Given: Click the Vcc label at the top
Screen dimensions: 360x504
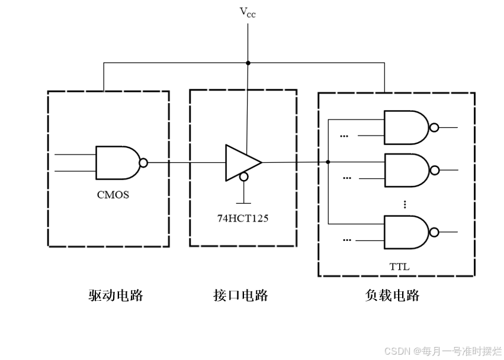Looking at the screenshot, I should (248, 12).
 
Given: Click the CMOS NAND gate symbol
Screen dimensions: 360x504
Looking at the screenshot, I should (117, 162).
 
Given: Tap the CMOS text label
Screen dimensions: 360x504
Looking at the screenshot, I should (113, 194).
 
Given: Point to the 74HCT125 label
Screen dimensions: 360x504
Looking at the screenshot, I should (242, 218).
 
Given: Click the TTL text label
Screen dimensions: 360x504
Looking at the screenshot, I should (399, 266).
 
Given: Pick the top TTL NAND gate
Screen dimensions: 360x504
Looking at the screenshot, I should (406, 127).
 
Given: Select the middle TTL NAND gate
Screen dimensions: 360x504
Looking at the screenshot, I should (406, 170).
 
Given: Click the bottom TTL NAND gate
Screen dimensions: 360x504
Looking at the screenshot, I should (406, 232).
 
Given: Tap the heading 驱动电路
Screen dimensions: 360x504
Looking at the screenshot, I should (116, 295).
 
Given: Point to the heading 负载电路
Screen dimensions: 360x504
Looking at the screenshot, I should (393, 295).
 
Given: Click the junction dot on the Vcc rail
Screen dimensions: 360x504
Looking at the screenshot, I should (248, 63).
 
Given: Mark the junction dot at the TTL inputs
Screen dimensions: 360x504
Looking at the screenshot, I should (328, 162).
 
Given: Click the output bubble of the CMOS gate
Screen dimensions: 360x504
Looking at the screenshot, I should (143, 162).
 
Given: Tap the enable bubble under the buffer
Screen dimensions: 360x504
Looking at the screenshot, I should (243, 177).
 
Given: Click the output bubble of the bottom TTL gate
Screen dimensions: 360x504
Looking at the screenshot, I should (434, 232).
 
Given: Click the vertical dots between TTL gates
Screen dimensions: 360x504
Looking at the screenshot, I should (405, 204).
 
